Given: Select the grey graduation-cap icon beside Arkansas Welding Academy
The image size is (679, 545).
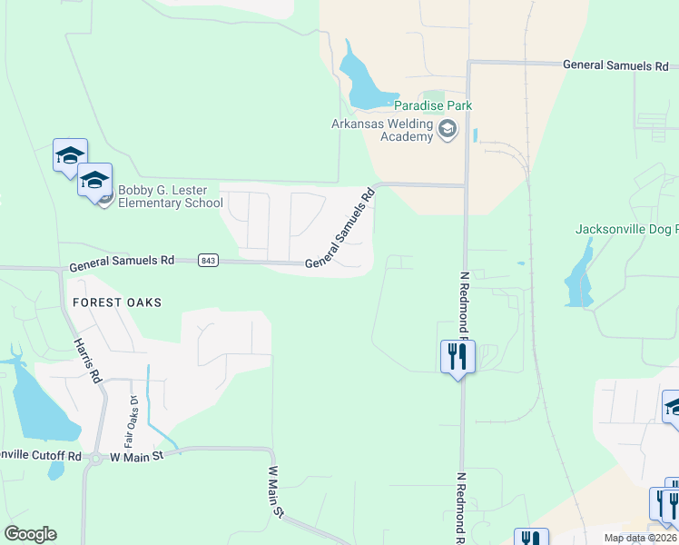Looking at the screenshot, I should point(447,130).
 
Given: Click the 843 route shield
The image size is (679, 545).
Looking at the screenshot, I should point(208,261).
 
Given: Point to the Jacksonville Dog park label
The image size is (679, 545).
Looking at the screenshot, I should point(627,229).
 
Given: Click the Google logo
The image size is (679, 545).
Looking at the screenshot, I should point(30,534).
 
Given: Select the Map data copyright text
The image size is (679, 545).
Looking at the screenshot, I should point(641,538).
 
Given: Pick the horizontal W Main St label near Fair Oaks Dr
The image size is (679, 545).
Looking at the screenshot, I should point(136,456).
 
